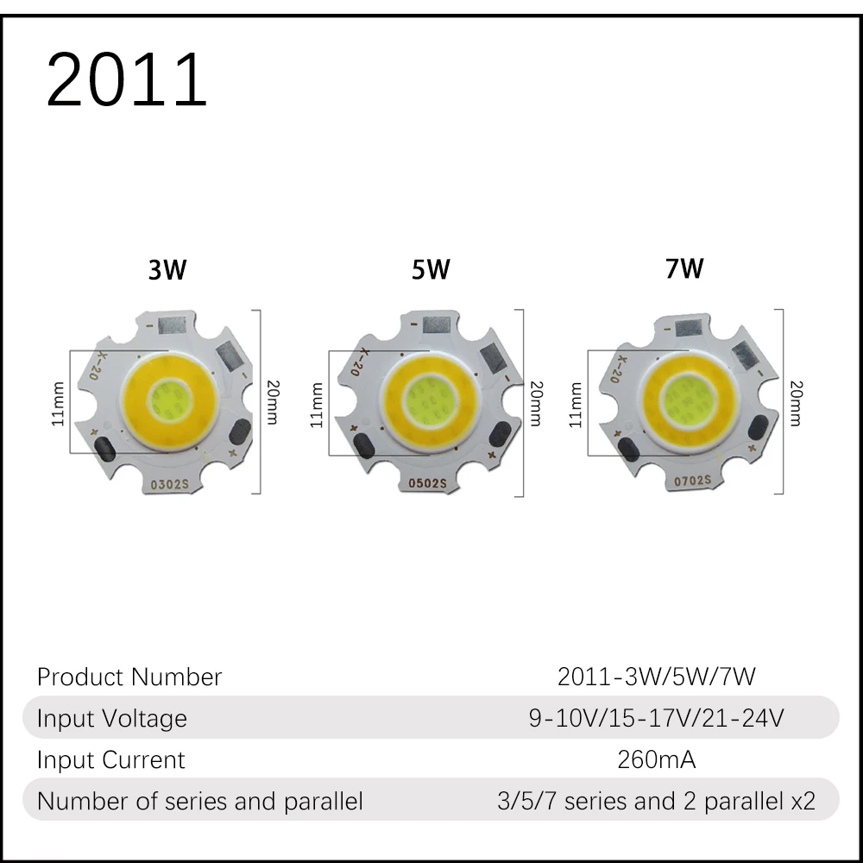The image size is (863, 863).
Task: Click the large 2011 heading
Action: point(127,79)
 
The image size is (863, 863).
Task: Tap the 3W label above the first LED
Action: point(167,269)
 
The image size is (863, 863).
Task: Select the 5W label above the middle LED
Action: point(431,269)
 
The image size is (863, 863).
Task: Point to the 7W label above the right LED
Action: point(684,268)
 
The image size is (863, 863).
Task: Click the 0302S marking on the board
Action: point(169,484)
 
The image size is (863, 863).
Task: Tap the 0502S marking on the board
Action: point(427,483)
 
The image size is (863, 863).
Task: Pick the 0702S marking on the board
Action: point(692,481)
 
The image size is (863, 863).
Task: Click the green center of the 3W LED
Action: point(171,397)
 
